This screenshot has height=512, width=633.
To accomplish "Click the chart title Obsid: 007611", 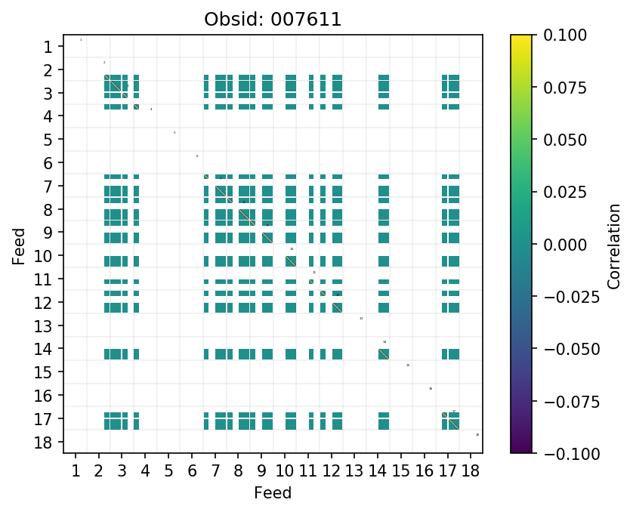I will pos(273,19).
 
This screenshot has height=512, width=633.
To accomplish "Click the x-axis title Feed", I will pos(273,493).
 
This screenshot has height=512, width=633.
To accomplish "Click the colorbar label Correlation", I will pos(613,244).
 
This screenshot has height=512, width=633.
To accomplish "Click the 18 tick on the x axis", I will pos(471,471).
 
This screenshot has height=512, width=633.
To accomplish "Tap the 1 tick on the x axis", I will pos(75,471).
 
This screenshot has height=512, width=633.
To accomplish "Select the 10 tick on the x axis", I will pos(285,471).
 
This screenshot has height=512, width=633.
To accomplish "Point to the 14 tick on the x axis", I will pos(378,471).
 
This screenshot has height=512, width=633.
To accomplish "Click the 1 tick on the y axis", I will pos(48,47).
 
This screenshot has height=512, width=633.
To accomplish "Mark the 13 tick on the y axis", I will pos(44,325).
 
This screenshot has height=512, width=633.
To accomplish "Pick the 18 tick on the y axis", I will pos(44,442).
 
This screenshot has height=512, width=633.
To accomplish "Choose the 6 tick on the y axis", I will pos(48,163).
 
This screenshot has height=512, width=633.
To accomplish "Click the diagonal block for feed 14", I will pos(384,354).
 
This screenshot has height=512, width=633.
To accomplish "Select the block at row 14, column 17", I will pos(451,354).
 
